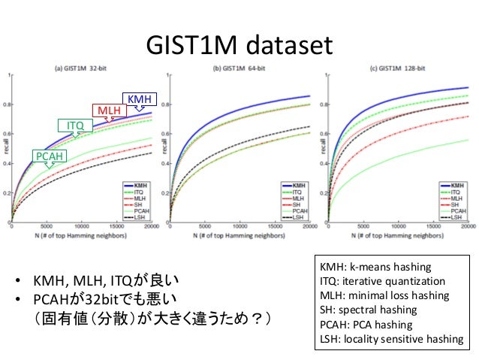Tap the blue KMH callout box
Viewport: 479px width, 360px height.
coord(138,99)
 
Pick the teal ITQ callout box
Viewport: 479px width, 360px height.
coord(75,125)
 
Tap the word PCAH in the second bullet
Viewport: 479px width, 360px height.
coord(53,301)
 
